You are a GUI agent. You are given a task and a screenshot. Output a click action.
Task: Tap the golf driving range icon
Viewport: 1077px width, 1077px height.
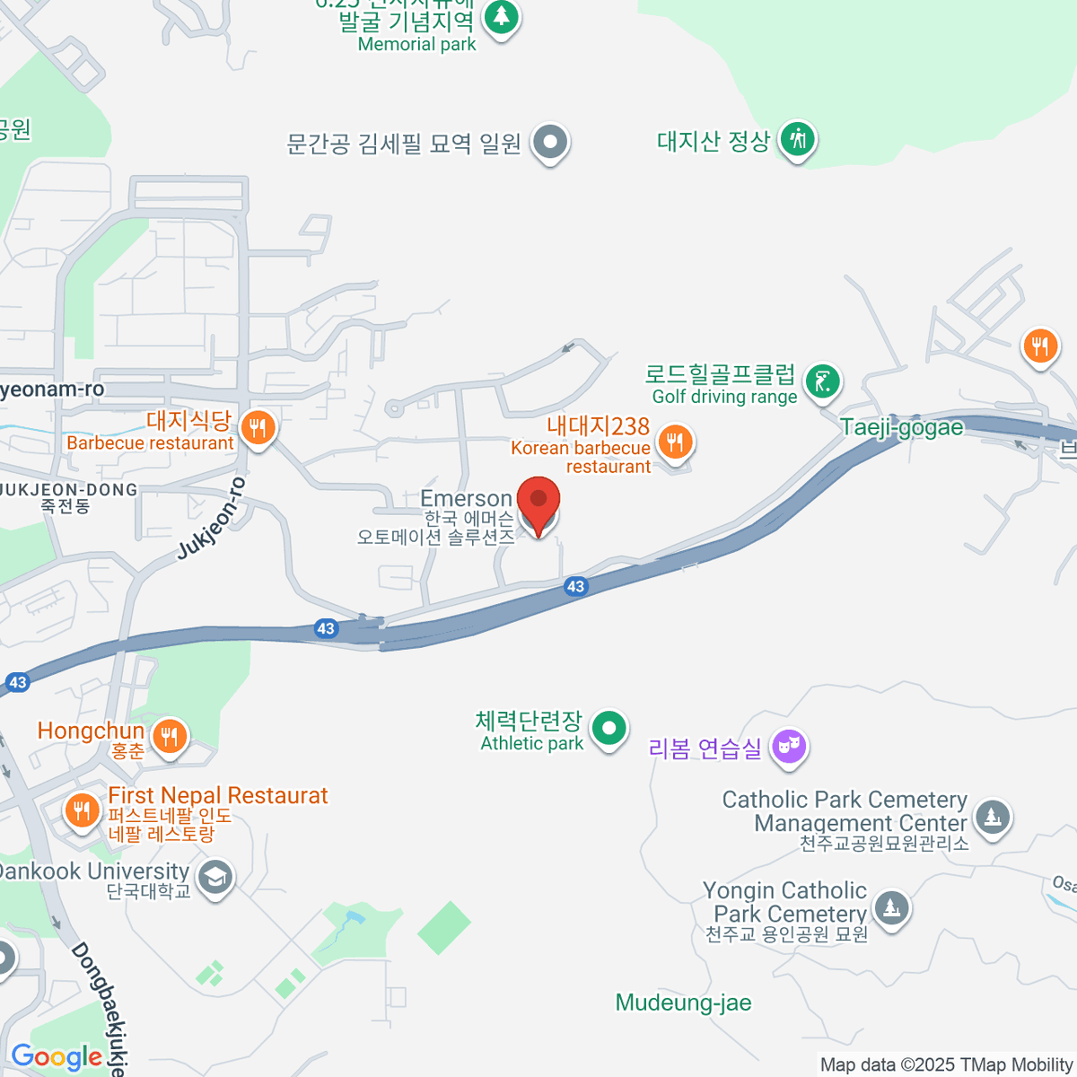coord(821,381)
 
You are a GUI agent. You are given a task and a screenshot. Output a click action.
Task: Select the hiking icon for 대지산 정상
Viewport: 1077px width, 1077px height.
coord(796,140)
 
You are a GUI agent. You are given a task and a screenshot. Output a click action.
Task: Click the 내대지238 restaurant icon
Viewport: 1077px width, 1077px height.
coord(674,442)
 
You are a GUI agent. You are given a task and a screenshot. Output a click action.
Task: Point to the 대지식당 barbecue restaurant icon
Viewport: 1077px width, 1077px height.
coord(258,427)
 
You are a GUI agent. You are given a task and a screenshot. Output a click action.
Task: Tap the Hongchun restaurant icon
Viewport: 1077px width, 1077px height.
coord(169,738)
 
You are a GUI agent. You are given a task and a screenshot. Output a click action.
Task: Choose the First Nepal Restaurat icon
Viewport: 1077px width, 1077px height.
coord(82,810)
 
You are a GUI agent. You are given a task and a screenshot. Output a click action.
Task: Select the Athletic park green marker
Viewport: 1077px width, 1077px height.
coord(609,728)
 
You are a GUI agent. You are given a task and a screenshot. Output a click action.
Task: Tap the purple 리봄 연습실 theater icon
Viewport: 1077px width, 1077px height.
coord(789,746)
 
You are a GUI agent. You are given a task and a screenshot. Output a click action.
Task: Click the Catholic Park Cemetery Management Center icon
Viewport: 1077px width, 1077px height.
coord(992,818)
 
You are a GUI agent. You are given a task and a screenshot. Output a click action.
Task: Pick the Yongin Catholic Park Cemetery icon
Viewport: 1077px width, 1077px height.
coord(891,907)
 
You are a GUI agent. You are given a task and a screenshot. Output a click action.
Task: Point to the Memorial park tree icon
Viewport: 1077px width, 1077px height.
coord(501,17)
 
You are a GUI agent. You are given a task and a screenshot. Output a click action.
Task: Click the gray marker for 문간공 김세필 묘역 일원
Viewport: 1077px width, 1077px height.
coord(550,142)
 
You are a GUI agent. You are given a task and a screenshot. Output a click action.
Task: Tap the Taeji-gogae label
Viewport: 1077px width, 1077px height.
coord(901,427)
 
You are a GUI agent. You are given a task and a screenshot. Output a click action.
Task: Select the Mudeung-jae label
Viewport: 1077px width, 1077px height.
coord(683,1003)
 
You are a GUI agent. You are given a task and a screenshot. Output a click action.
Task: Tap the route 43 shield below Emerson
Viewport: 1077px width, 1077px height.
coord(575,587)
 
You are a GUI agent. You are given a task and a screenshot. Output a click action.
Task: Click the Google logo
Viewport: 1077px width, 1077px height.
coord(56,1056)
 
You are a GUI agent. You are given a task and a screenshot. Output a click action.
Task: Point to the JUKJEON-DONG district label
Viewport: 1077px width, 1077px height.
coord(70,490)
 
